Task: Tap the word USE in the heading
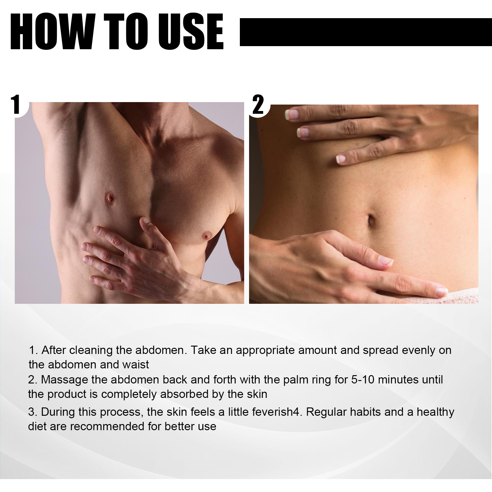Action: click(x=191, y=32)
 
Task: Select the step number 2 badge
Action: click(x=258, y=105)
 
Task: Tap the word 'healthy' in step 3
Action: click(x=435, y=412)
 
